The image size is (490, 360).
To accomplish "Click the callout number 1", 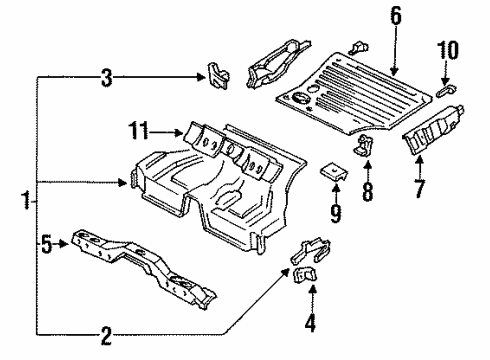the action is [x=26, y=200].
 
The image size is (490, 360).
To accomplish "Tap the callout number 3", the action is [x=106, y=78].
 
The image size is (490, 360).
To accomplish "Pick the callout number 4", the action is [x=310, y=323].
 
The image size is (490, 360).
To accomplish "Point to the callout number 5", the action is [x=47, y=244].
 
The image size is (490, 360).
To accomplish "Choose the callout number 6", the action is [x=395, y=16].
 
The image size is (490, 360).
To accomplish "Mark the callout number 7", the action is [x=419, y=189].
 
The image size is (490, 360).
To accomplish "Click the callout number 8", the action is [x=367, y=192].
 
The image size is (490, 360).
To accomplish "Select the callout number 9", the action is [x=336, y=213].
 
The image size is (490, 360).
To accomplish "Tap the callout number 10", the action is [x=448, y=50].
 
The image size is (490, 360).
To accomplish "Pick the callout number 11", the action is [x=139, y=130].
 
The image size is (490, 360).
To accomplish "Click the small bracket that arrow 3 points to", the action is [x=218, y=76].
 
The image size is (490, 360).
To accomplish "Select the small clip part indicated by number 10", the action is [x=446, y=91].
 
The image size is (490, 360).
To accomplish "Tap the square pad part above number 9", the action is [x=334, y=172].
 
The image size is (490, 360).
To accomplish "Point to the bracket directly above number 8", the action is [x=364, y=145].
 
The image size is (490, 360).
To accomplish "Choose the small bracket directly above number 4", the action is [x=305, y=275].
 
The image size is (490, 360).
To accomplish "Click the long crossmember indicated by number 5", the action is [x=143, y=267].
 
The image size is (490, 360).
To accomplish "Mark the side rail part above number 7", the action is [x=433, y=129].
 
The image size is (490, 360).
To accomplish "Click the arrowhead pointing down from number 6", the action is [x=394, y=70].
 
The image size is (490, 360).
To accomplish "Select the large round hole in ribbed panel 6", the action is [x=300, y=97].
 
